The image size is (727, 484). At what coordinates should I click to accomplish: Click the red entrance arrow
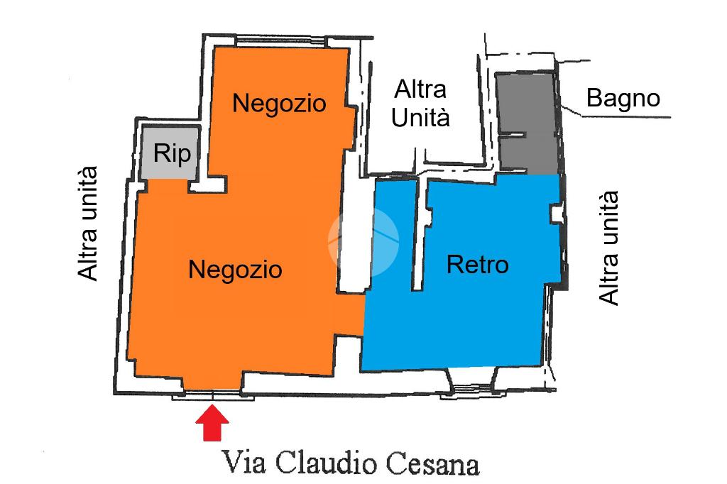212,422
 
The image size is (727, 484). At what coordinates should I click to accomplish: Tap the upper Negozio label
279,103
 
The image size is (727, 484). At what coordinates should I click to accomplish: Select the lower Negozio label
235,270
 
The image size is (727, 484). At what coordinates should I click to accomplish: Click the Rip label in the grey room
172,153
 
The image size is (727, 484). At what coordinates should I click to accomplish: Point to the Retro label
478,265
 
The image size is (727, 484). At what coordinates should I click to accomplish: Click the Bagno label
623,98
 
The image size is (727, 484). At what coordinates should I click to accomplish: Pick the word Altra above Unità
420,89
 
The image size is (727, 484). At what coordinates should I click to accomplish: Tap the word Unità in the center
420,117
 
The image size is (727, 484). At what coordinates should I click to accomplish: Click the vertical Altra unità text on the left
87,224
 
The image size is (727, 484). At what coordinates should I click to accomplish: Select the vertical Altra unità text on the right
608,248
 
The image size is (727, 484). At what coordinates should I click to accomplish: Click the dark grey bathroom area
528,123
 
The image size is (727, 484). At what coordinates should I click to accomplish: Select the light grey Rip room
170,153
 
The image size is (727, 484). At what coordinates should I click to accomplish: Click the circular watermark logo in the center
363,241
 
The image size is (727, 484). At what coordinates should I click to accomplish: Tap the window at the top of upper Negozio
280,43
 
